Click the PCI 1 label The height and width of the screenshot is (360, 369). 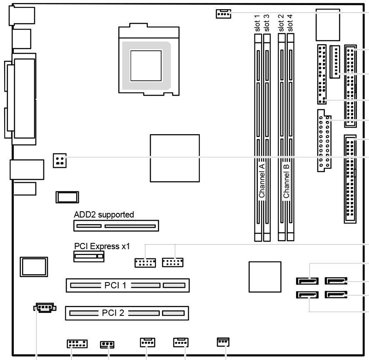115,285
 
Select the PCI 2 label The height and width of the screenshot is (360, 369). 113,313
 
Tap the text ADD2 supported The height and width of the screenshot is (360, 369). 104,215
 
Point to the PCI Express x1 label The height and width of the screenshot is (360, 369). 102,246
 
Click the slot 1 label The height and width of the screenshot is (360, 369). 257,23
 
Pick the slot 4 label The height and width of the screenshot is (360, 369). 290,23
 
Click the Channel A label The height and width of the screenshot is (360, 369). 262,181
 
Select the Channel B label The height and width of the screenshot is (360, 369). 286,181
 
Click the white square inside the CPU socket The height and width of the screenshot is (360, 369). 146,65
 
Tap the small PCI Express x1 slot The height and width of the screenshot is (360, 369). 89,256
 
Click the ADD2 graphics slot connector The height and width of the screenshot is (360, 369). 116,226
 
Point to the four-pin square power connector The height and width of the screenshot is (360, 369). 60,160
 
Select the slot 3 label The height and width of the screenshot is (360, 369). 267,23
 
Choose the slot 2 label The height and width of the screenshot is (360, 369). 281,23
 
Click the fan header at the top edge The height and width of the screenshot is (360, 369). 223,14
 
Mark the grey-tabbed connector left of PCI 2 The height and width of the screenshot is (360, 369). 45,308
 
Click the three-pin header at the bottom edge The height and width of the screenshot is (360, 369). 107,345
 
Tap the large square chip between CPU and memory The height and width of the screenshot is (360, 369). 175,158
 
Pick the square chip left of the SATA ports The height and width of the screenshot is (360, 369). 265,277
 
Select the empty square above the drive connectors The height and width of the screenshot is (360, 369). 328,25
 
